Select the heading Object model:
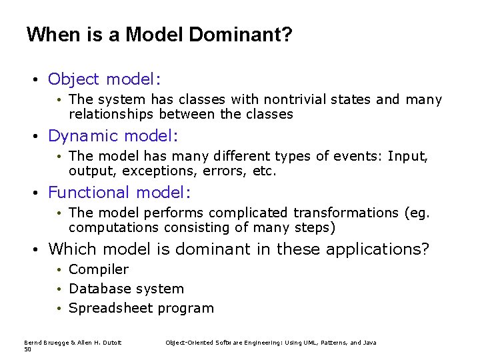point(104,79)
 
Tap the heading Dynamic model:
point(113,136)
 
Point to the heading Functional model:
point(119,193)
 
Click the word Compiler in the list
point(99,269)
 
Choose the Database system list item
point(126,289)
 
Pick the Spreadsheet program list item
point(141,308)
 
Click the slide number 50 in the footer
point(27,349)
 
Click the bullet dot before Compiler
point(59,270)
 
